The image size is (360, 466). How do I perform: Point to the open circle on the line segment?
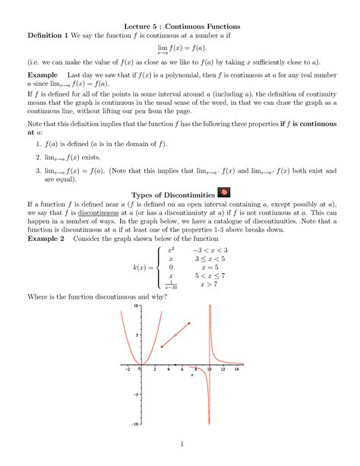[175, 335]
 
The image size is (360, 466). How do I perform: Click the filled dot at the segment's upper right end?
[189, 324]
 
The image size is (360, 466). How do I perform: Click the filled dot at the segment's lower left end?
[162, 347]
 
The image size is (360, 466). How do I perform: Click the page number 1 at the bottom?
[180, 444]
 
